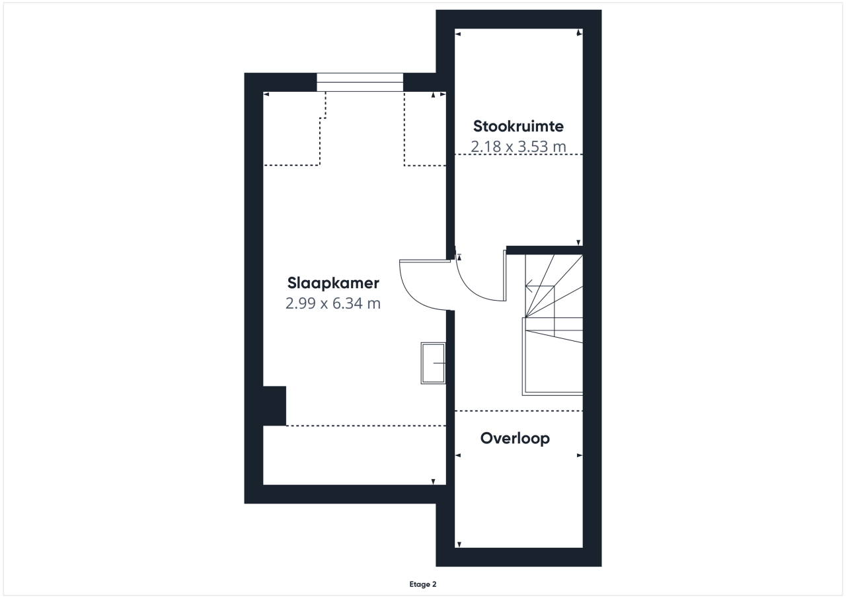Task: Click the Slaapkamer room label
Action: [x=333, y=283]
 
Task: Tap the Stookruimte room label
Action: [x=518, y=126]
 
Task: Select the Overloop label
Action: [x=515, y=438]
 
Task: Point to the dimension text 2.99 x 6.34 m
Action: [x=332, y=303]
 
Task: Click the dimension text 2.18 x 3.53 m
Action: [x=518, y=147]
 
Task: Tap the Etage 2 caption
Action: [x=422, y=584]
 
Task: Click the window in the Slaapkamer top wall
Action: [x=360, y=83]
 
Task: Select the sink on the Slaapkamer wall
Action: [x=433, y=363]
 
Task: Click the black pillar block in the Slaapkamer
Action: [x=274, y=406]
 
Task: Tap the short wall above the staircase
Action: [x=544, y=250]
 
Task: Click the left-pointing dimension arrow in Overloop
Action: [x=458, y=455]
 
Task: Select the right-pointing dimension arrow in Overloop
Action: [x=580, y=455]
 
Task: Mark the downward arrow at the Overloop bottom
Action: [x=459, y=544]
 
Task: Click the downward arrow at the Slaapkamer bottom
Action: [x=433, y=482]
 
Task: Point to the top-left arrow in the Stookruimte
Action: [x=458, y=34]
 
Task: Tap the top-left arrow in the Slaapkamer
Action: [x=266, y=94]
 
